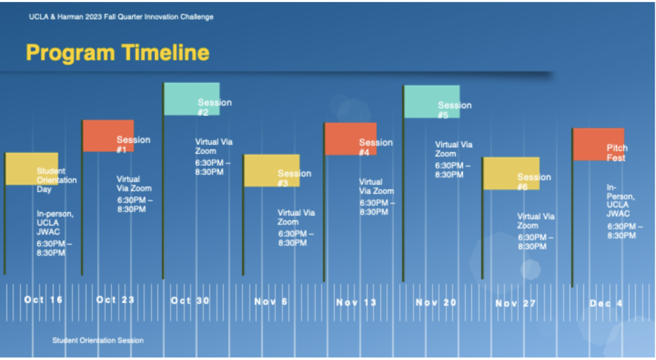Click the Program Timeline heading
point(118,53)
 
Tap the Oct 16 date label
point(44,300)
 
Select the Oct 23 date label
point(115,300)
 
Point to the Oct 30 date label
point(190,300)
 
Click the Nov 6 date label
point(271,302)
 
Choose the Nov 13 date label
point(356,302)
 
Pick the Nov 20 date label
point(436,302)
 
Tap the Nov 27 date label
point(516,303)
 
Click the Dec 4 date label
point(606,304)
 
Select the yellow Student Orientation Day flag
point(32,168)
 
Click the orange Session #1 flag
point(108,136)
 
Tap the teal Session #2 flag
point(192,99)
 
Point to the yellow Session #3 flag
point(272,170)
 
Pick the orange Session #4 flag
point(350,139)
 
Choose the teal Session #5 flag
point(432,102)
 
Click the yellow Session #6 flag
point(511,174)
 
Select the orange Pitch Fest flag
point(599,144)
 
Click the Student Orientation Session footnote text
point(98,340)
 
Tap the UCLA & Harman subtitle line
point(121,17)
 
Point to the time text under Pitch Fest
point(625,231)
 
